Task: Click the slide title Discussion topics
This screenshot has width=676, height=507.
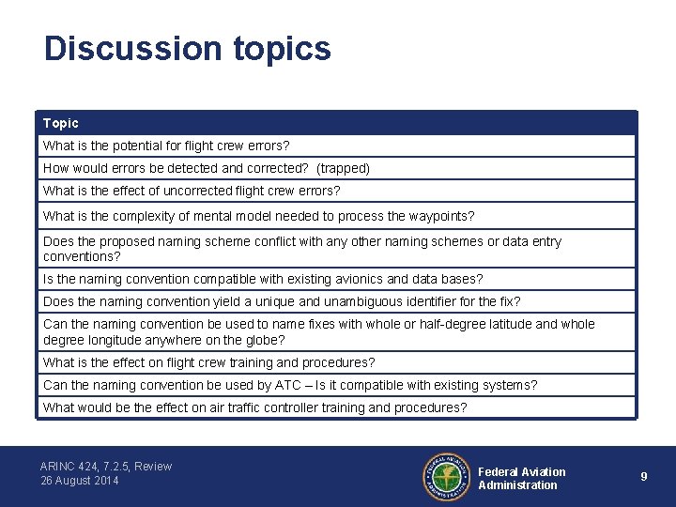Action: pyautogui.click(x=188, y=49)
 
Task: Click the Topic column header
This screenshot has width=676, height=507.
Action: pyautogui.click(x=61, y=123)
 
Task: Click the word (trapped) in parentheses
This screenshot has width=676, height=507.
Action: pyautogui.click(x=343, y=168)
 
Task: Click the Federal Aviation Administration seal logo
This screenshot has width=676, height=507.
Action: pyautogui.click(x=446, y=477)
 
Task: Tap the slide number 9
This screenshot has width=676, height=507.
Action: pyautogui.click(x=644, y=477)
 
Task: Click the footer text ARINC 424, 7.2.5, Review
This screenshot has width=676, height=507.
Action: pyautogui.click(x=106, y=467)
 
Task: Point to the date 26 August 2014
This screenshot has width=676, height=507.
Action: pyautogui.click(x=80, y=481)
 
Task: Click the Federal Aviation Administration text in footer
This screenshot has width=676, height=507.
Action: pyautogui.click(x=522, y=478)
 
